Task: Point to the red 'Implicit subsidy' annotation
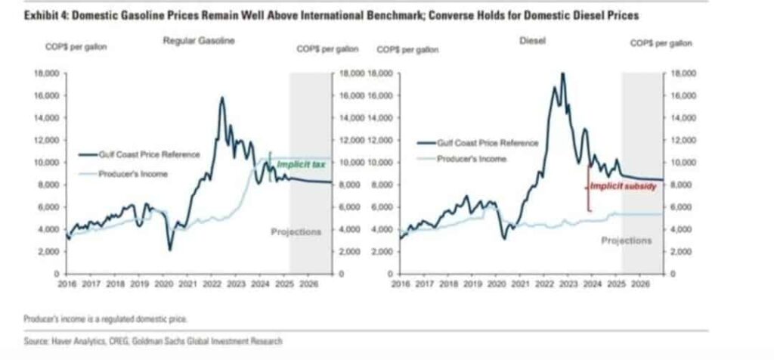coord(624,185)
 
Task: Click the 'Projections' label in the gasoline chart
coord(296,231)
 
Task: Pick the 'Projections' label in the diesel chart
coord(626,240)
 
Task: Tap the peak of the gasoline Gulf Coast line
coord(222,98)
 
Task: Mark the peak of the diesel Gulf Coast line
coord(562,73)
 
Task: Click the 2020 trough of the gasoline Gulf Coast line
coord(170,249)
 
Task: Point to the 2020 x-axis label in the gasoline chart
coord(164,286)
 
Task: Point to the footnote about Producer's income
coord(105,318)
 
